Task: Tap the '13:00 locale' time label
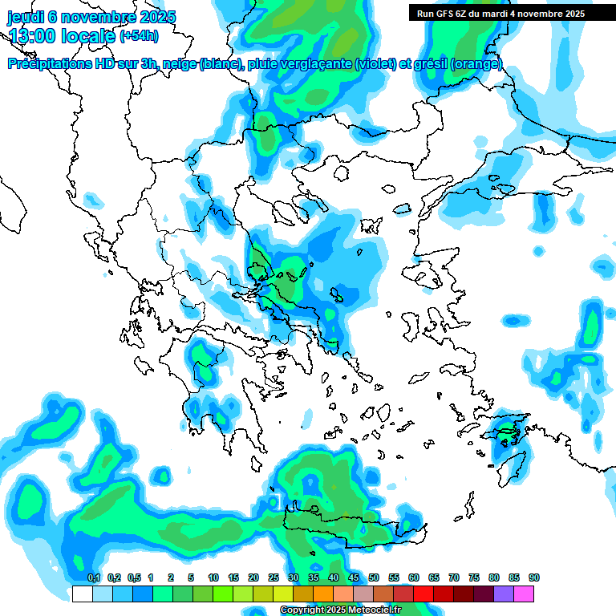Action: click(62, 36)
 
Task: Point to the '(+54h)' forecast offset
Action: click(139, 36)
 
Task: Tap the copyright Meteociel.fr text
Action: click(340, 610)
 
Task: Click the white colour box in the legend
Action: click(82, 594)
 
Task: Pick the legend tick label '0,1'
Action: click(93, 577)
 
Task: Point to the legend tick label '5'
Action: click(191, 577)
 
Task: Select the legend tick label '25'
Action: click(274, 577)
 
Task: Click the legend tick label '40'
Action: click(334, 577)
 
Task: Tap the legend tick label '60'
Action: click(414, 577)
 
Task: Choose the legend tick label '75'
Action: click(474, 577)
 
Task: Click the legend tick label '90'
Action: click(534, 577)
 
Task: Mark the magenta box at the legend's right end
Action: click(524, 594)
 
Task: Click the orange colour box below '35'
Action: click(323, 594)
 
